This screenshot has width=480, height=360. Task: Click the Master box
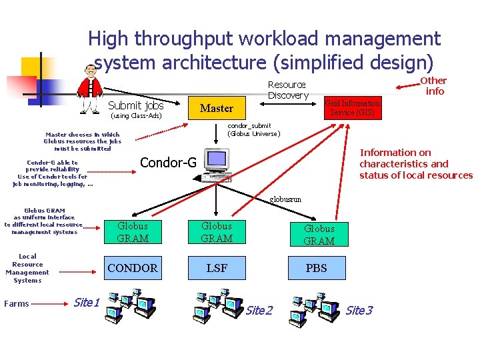[217, 107]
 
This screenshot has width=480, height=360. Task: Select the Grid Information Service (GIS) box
[352, 107]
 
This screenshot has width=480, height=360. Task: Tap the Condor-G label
[168, 163]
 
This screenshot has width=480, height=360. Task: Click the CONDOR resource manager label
[133, 268]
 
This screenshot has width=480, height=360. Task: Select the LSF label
[217, 268]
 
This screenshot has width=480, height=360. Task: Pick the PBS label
[317, 268]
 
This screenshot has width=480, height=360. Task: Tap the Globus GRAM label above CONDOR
[133, 232]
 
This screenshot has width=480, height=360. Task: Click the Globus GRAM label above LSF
[217, 232]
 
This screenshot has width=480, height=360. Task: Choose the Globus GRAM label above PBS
[319, 235]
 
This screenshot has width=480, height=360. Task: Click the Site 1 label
[86, 303]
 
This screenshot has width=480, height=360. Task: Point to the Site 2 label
[259, 311]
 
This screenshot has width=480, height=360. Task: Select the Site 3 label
[359, 311]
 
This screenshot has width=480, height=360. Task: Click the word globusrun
[285, 199]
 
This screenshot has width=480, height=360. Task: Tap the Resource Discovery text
[287, 90]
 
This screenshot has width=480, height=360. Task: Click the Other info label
[434, 86]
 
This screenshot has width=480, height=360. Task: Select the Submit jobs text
[135, 105]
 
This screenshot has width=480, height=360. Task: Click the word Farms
[17, 304]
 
